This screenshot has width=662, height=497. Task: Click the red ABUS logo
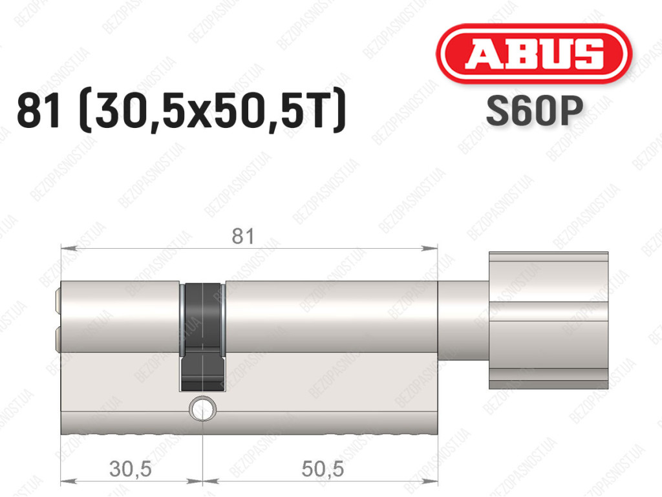(533, 54)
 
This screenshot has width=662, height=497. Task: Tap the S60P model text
(535, 111)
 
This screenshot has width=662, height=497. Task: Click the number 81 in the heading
(38, 111)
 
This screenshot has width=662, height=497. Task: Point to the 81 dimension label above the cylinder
(243, 237)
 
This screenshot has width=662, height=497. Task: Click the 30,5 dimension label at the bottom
(131, 469)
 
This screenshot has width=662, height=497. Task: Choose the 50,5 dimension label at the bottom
(323, 469)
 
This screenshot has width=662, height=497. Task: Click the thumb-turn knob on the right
(548, 320)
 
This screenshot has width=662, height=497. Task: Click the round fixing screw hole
(202, 408)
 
